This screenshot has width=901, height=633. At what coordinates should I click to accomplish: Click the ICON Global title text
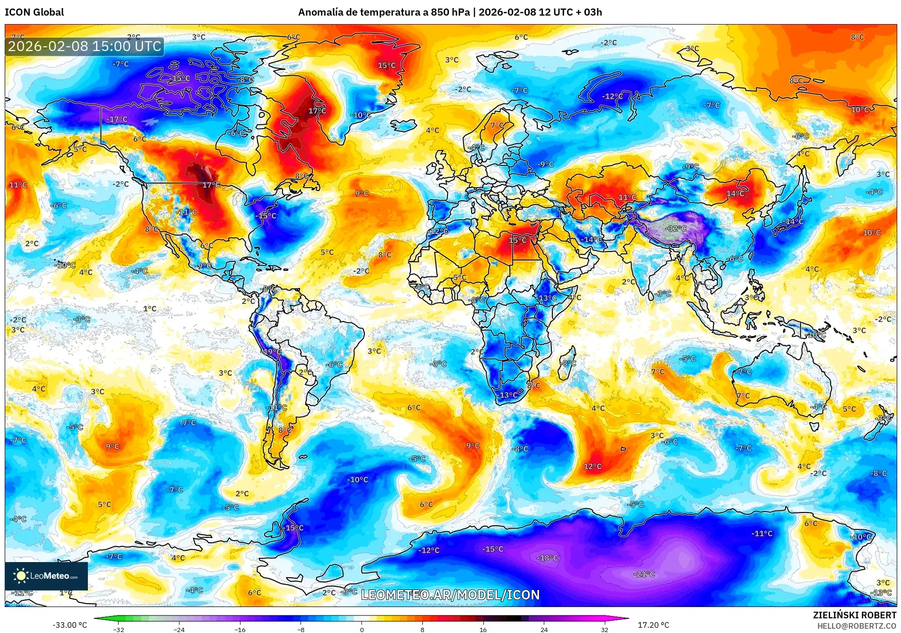34,12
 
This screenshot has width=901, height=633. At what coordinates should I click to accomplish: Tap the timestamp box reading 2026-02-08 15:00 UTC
85,46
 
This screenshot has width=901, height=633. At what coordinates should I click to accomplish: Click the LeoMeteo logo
46,576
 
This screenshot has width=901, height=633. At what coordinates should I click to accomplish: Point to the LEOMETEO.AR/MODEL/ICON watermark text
450,595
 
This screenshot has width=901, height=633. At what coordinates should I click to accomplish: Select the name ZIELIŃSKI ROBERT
854,615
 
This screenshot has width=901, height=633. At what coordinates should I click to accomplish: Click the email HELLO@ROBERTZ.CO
856,626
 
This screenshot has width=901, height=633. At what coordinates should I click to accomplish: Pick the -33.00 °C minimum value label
69,625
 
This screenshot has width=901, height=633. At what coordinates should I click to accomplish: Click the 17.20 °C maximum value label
653,625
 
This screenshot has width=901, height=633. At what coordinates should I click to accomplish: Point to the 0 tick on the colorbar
362,629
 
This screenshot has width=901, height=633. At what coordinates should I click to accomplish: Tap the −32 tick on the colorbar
119,629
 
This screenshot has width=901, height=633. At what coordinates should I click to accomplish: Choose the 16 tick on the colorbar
483,629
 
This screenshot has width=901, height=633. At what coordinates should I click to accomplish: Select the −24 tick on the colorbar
179,629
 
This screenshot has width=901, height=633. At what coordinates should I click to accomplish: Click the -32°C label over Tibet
676,228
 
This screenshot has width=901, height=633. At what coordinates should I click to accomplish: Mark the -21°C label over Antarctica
644,574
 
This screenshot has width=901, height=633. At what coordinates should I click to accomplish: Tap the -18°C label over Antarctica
547,558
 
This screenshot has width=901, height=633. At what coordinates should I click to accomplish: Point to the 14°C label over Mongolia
735,194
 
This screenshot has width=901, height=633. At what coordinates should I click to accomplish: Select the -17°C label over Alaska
117,120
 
